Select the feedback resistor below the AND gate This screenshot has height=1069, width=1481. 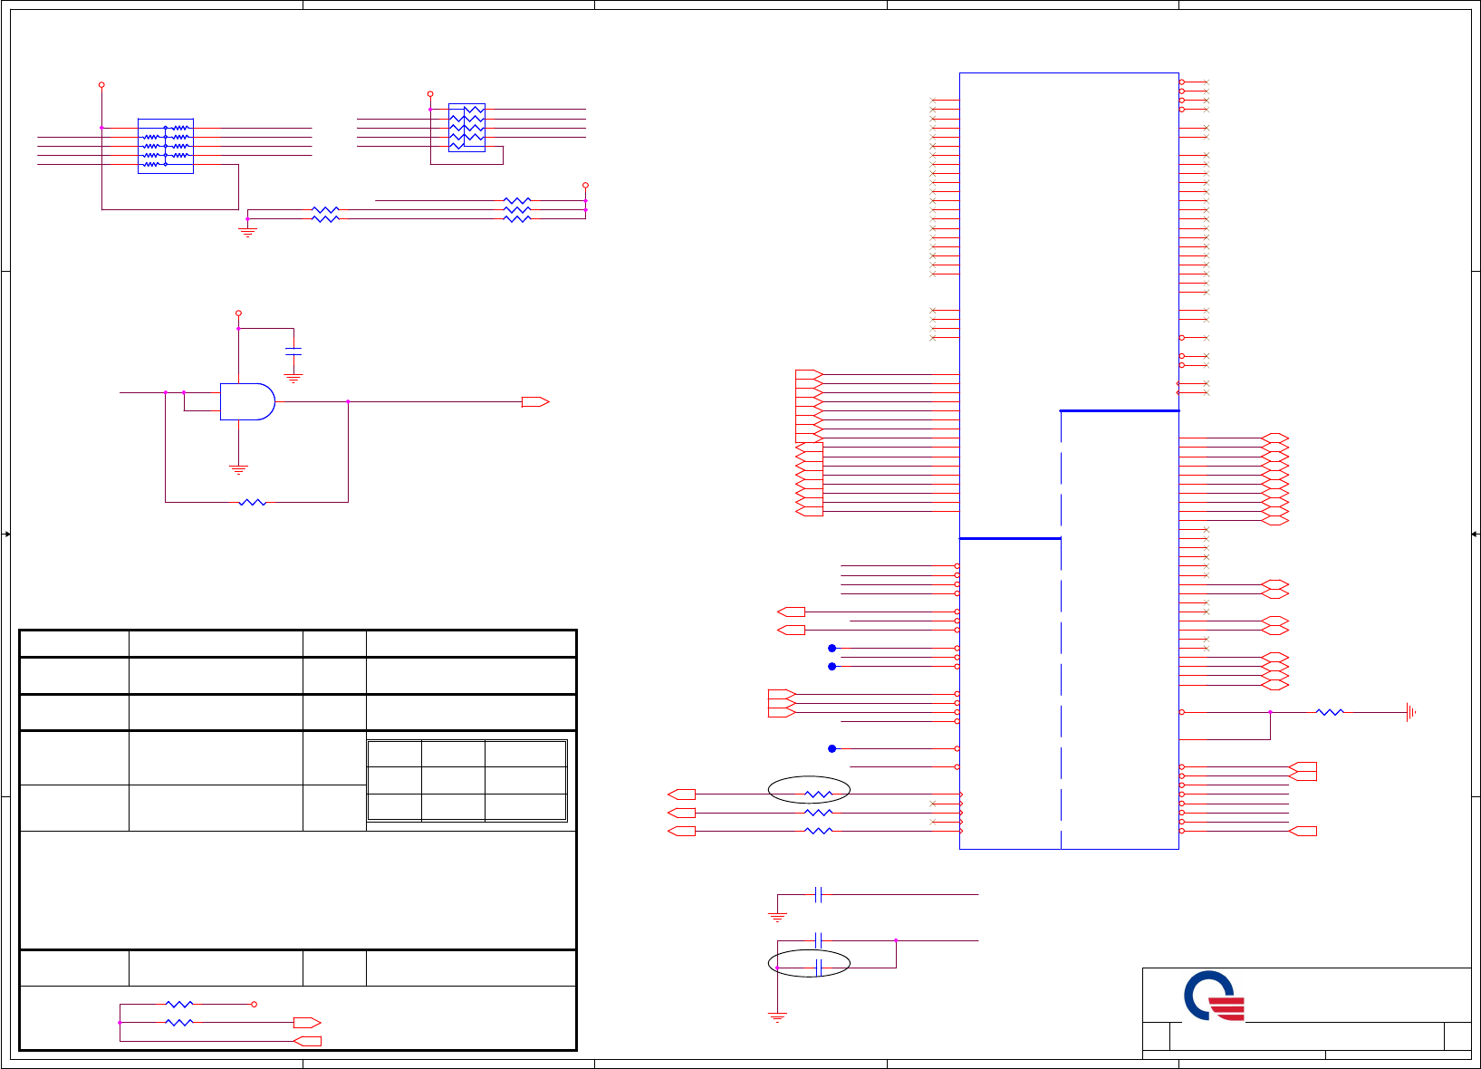pyautogui.click(x=253, y=502)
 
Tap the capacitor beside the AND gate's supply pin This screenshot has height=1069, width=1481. pyautogui.click(x=293, y=350)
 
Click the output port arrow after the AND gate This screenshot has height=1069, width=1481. pyautogui.click(x=535, y=401)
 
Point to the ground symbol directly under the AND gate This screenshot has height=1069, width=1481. pyautogui.click(x=238, y=469)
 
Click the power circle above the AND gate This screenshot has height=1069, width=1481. pyautogui.click(x=238, y=313)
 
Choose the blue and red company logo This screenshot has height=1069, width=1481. pyautogui.click(x=1215, y=997)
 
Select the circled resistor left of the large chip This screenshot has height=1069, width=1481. pyautogui.click(x=818, y=794)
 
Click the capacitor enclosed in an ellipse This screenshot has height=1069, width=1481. pyautogui.click(x=818, y=968)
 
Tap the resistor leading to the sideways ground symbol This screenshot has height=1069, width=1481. pyautogui.click(x=1330, y=712)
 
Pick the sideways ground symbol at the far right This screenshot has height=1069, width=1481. pyautogui.click(x=1410, y=712)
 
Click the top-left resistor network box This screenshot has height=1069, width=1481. pyautogui.click(x=166, y=146)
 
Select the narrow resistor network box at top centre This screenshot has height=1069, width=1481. pyautogui.click(x=466, y=128)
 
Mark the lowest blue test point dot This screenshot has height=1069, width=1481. pyautogui.click(x=832, y=748)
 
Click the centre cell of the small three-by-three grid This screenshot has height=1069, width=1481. pyautogui.click(x=453, y=780)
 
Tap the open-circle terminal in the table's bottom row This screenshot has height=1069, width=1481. pyautogui.click(x=254, y=1004)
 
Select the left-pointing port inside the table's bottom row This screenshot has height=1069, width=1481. pyautogui.click(x=308, y=1041)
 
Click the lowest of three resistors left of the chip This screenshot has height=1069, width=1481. pyautogui.click(x=818, y=831)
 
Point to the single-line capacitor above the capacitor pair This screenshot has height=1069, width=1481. pyautogui.click(x=818, y=895)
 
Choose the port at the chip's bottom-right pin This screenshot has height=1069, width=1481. pyautogui.click(x=1303, y=831)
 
